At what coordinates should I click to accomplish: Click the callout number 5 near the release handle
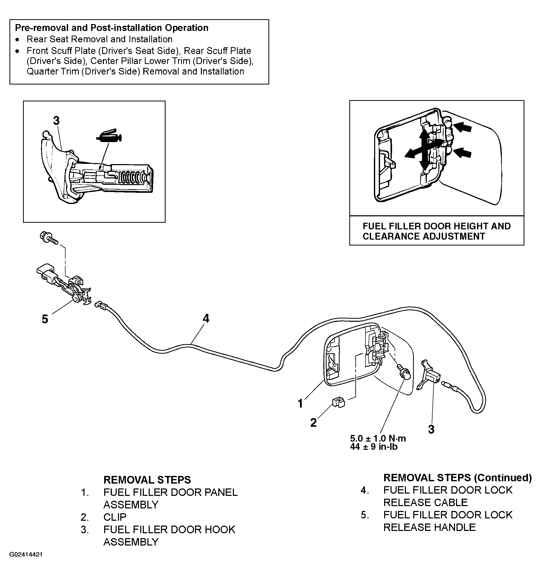[x=45, y=319]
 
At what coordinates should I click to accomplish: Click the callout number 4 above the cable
[x=206, y=318]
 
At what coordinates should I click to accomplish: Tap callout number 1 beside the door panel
[x=300, y=403]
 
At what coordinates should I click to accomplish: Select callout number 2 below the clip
[x=313, y=423]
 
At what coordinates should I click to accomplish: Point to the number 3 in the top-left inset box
[x=57, y=121]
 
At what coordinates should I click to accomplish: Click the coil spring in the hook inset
[x=132, y=178]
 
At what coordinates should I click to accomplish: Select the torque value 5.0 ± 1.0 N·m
[x=378, y=438]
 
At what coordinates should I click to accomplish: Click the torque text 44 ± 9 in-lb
[x=374, y=447]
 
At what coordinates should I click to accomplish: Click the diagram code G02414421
[x=26, y=554]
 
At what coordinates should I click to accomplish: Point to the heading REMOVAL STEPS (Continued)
[x=458, y=477]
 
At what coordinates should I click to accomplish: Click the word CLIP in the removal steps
[x=115, y=517]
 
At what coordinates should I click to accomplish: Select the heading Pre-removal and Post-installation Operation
[x=112, y=28]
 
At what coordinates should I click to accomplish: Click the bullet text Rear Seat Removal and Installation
[x=100, y=39]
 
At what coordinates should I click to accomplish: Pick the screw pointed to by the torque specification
[x=403, y=372]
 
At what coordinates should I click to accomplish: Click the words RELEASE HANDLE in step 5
[x=429, y=527]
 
